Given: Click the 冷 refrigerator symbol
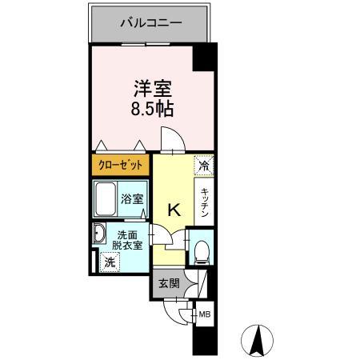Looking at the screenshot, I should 204,166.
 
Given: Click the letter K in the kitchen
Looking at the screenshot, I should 174,211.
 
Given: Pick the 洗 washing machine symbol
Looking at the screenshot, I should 108,262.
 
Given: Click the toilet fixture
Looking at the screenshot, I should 201,251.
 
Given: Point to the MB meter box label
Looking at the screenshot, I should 205,314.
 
